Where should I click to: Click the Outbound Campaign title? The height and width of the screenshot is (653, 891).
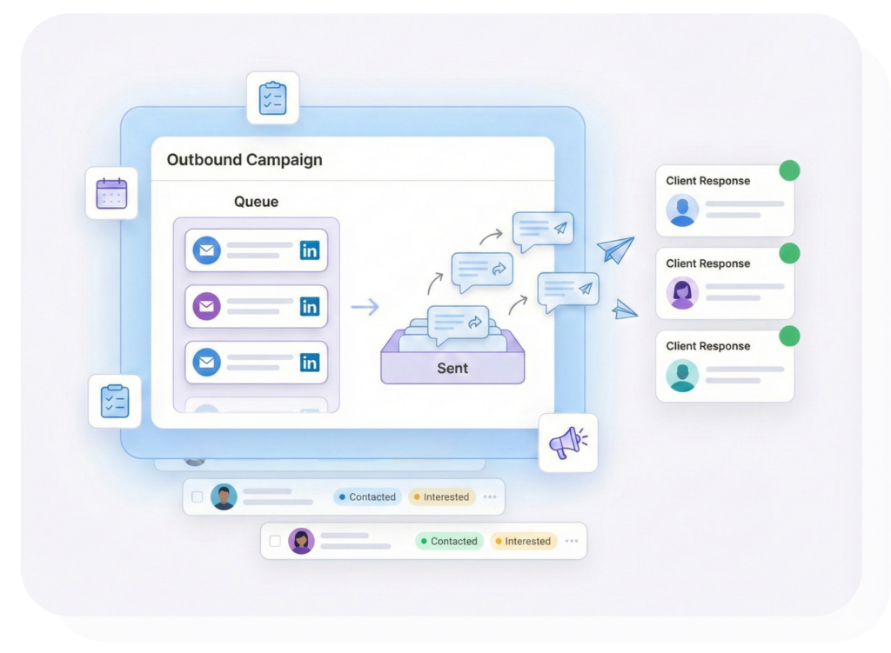(245, 160)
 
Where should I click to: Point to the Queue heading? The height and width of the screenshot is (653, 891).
(257, 202)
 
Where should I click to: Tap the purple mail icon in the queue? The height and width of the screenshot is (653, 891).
(206, 306)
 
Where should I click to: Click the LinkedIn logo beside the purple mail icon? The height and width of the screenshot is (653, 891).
(310, 306)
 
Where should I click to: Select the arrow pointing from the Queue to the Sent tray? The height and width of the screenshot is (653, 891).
(365, 306)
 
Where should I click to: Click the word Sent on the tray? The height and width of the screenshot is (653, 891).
(452, 368)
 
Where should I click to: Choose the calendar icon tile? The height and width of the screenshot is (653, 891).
(111, 193)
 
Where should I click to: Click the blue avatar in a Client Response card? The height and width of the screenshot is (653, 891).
(683, 210)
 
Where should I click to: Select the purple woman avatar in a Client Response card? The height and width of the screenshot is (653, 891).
(683, 292)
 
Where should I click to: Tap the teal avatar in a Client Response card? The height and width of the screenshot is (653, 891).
(683, 375)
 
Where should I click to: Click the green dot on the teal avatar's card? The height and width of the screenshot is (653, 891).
(789, 336)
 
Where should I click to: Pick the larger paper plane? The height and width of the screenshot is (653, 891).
(616, 250)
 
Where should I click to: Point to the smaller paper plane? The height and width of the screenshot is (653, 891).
(625, 309)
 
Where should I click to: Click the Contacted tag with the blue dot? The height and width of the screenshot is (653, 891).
(367, 497)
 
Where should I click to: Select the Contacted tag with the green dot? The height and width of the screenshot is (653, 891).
(449, 541)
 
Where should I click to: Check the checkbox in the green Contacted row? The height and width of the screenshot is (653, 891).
(275, 541)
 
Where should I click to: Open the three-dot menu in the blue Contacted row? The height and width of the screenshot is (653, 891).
(490, 497)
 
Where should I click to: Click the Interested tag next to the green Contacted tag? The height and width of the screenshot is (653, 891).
(523, 541)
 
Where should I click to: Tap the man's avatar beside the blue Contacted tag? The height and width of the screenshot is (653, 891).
(224, 496)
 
